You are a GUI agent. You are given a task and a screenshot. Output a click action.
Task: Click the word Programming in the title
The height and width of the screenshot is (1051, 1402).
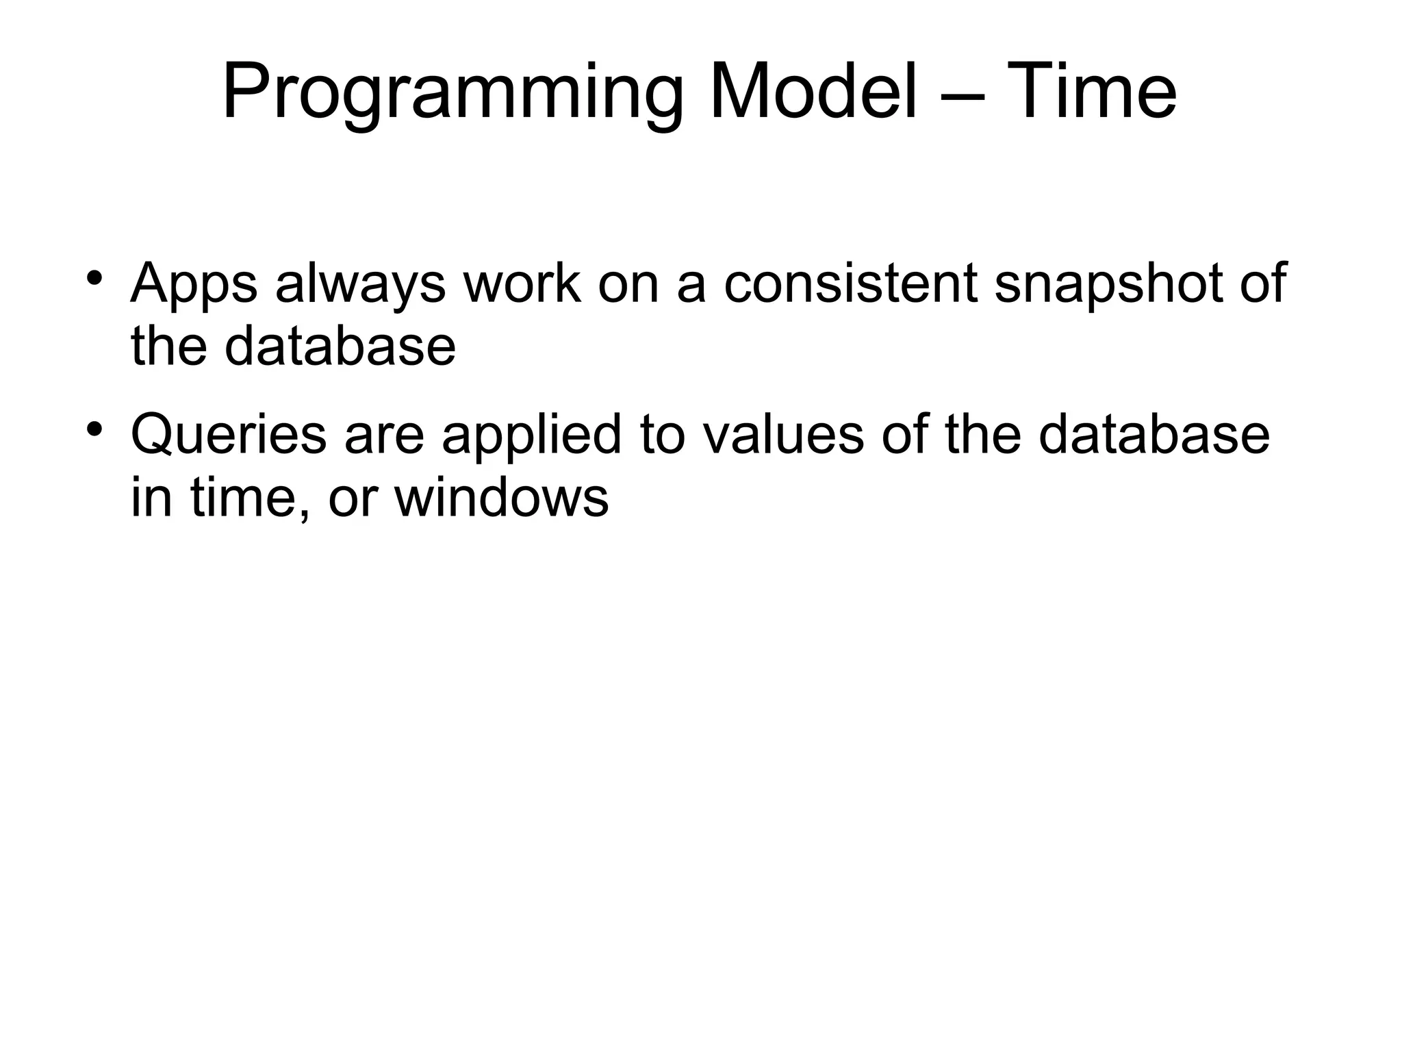pyautogui.click(x=453, y=92)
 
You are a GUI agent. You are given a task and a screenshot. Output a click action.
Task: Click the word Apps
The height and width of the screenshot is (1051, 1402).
pyautogui.click(x=194, y=284)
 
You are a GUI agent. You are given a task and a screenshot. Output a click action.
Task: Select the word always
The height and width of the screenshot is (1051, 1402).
pyautogui.click(x=360, y=284)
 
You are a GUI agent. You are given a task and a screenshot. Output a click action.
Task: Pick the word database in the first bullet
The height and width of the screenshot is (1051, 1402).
pyautogui.click(x=340, y=345)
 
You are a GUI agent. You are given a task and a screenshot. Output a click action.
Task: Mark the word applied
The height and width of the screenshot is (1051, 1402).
pyautogui.click(x=532, y=435)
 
